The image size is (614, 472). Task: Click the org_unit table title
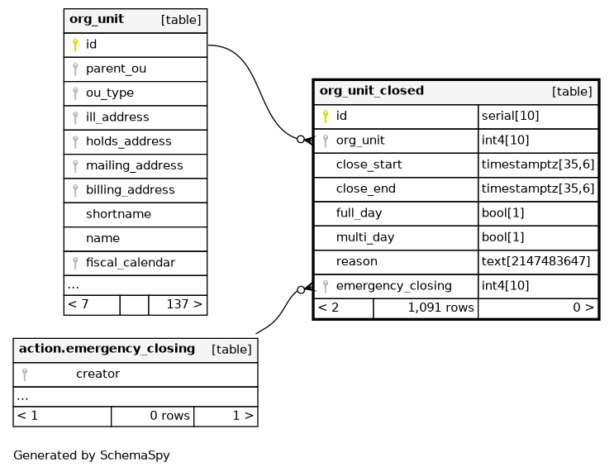pos(97,19)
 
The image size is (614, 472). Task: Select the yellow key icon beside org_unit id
pos(75,45)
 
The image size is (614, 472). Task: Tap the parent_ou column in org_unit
pos(116,69)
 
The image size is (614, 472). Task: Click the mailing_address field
pos(135,165)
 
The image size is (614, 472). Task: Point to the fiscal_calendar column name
pos(131,262)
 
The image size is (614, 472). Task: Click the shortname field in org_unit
pos(118,214)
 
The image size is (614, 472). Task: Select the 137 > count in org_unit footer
pos(184,304)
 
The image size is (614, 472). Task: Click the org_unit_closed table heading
pos(372,91)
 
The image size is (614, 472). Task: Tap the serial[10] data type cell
pos(510,116)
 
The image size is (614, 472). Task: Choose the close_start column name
pos(369,164)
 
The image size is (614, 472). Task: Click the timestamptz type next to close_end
pos(538,188)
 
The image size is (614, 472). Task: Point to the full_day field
pos(359,213)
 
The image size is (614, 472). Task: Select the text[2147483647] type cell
pos(535,261)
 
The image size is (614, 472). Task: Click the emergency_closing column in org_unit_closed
pos(393,286)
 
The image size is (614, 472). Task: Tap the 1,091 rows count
pos(441,308)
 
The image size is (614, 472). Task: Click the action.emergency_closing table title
pos(107,349)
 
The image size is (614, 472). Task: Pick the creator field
pos(98,374)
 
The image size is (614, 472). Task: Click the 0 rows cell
pos(170,416)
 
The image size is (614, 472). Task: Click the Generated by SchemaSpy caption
pos(92,455)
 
